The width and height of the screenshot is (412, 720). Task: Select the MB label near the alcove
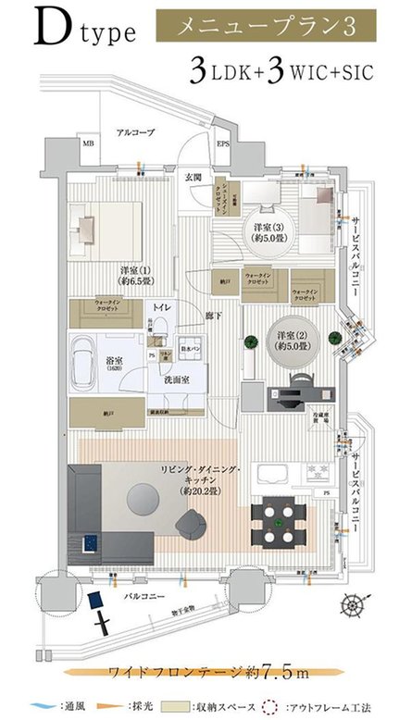89,144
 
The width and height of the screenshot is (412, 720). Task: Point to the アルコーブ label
134,132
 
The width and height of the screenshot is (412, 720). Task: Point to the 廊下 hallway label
213,316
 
